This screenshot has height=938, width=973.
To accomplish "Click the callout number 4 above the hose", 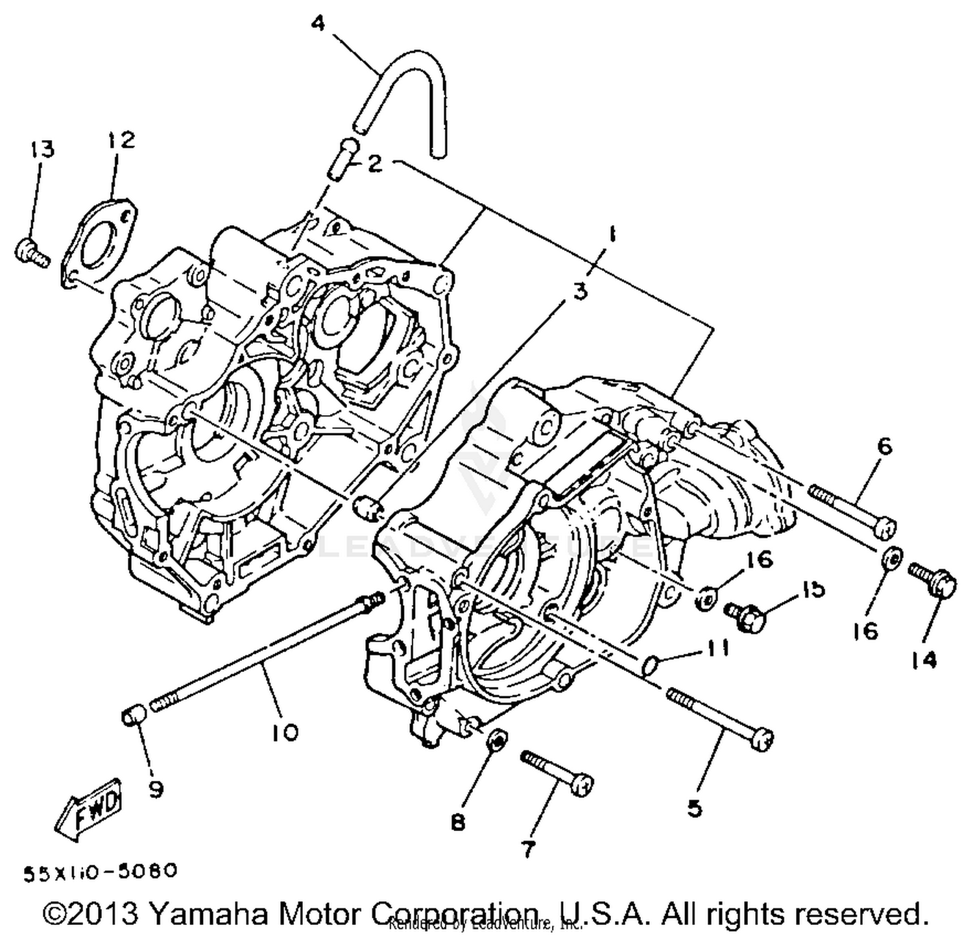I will coord(318,24).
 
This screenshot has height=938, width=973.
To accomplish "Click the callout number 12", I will coord(120,139).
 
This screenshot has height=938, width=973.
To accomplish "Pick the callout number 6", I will coord(884,446).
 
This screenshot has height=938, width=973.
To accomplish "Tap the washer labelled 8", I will coord(496,740).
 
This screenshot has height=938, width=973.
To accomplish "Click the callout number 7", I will coord(529,848).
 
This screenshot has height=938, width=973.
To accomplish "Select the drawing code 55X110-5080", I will coord(101,871).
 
